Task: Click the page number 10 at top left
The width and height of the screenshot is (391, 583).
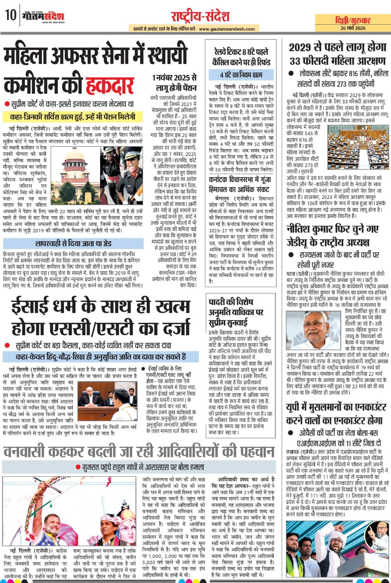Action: (10, 15)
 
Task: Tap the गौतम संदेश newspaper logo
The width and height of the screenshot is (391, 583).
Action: (43, 16)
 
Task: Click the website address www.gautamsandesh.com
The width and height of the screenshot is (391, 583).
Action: (227, 29)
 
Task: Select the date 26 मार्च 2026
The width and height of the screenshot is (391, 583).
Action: (353, 28)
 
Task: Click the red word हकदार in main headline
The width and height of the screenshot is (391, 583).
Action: (110, 85)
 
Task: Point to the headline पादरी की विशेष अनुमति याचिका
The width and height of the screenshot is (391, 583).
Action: (236, 312)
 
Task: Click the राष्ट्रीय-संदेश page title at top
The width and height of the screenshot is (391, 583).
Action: (200, 16)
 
